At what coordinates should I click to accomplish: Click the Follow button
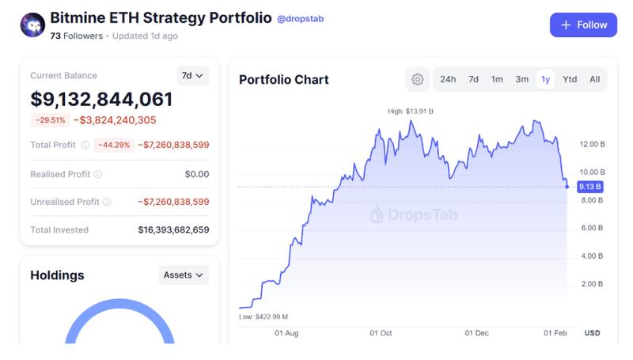(583, 25)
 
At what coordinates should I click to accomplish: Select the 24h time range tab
(448, 79)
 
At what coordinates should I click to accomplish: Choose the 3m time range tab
(521, 79)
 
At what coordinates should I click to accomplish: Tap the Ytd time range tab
(570, 79)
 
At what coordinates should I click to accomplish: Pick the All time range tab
(594, 79)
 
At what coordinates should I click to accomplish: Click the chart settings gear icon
(417, 79)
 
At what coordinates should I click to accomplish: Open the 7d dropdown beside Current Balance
(192, 76)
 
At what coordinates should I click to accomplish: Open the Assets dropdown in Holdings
(184, 275)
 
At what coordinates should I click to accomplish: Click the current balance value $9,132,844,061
(101, 100)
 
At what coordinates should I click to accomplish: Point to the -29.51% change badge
(49, 120)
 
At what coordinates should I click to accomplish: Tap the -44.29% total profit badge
(112, 145)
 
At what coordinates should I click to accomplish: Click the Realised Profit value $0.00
(196, 174)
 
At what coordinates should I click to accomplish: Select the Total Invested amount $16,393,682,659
(173, 230)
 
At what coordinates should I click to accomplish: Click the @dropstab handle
(301, 18)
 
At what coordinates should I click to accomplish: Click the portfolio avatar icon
(32, 25)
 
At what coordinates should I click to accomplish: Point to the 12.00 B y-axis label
(592, 145)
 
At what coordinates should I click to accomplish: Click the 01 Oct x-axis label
(381, 333)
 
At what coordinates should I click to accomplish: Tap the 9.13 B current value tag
(590, 187)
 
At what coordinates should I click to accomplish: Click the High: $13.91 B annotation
(411, 112)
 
